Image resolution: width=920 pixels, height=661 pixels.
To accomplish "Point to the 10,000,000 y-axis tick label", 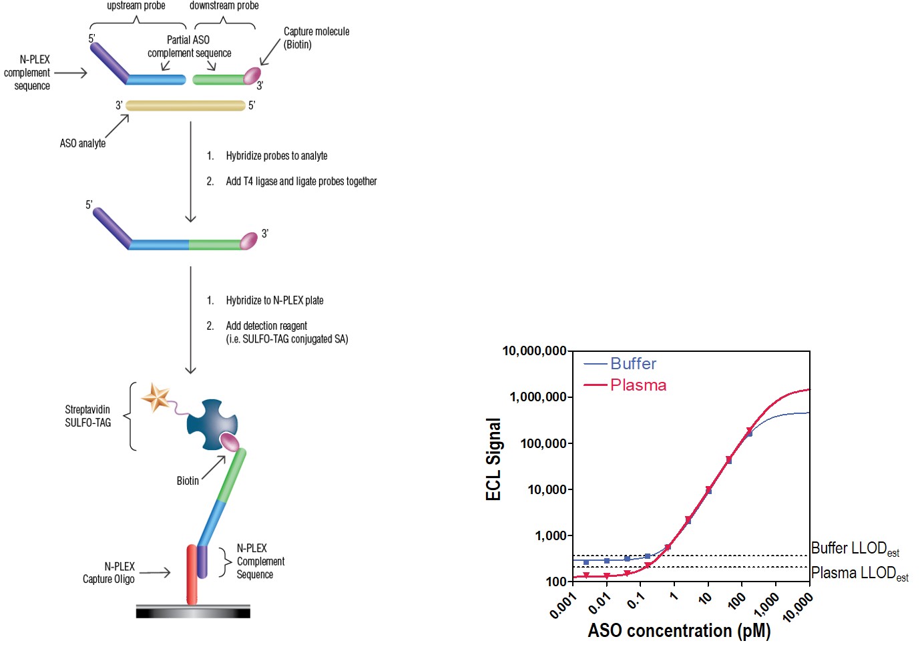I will coord(533,351).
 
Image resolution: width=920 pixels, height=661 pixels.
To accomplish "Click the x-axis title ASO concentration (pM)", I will coord(679,630).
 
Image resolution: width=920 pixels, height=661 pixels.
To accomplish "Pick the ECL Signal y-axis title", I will coord(493,459).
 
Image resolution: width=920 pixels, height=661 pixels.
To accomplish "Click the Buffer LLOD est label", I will coord(855,549).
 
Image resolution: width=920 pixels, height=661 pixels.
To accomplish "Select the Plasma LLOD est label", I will coord(859,574).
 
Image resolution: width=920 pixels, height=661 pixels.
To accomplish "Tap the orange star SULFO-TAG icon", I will coord(156,397).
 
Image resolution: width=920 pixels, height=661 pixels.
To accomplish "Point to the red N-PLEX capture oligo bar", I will coord(192,574).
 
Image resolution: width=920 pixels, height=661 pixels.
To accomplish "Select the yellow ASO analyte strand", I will coord(185,105).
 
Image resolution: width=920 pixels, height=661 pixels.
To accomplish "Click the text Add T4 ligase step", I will coord(300,182).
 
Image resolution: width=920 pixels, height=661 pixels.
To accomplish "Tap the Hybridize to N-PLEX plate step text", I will coord(274,300).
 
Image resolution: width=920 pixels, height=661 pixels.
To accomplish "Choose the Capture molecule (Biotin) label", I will coord(316,38).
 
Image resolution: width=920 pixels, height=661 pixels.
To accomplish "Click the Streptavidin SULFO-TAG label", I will coord(87,416).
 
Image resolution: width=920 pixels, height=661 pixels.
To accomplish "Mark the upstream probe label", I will coord(136,6).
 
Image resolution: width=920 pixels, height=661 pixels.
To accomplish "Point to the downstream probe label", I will coord(224,6).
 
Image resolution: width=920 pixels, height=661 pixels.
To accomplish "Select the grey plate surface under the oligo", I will coord(193,612).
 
